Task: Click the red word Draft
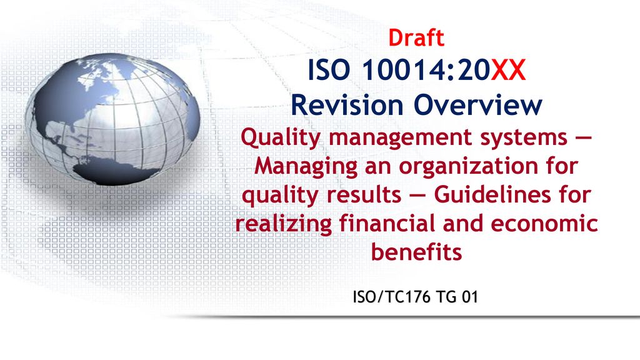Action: [x=416, y=38]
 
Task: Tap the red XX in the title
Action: [x=507, y=70]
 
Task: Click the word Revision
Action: [x=347, y=105]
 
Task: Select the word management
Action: [x=401, y=139]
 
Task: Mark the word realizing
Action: [x=283, y=224]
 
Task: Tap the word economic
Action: [x=544, y=224]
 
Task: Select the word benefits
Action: [x=416, y=252]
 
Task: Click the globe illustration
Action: [x=112, y=119]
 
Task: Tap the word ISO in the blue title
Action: [x=329, y=70]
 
